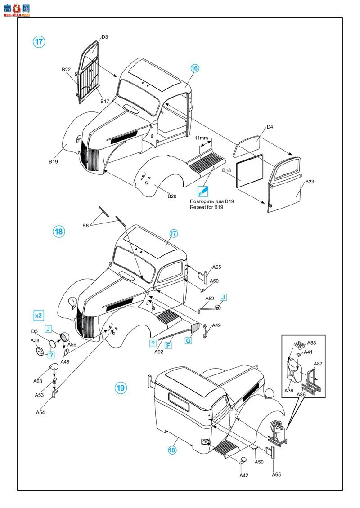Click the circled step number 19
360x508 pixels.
click(121, 388)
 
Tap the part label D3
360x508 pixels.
click(104, 37)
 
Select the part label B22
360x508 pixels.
click(66, 70)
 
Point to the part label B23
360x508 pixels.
click(310, 182)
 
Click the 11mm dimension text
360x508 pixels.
click(201, 138)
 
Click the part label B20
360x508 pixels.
click(172, 196)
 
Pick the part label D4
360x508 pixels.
click(270, 127)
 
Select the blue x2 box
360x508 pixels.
click(39, 315)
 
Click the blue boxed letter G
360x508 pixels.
click(188, 341)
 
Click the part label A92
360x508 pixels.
click(159, 352)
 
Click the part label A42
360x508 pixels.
click(243, 476)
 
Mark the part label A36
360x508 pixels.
click(288, 391)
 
